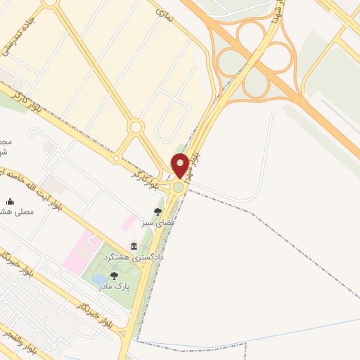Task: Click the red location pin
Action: click(181, 165)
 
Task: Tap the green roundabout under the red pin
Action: click(179, 187)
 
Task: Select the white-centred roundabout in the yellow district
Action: click(136, 127)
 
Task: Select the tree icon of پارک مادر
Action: click(114, 275)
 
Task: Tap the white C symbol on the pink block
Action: click(89, 241)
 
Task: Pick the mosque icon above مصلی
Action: click(10, 200)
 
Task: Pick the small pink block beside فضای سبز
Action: click(129, 223)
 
